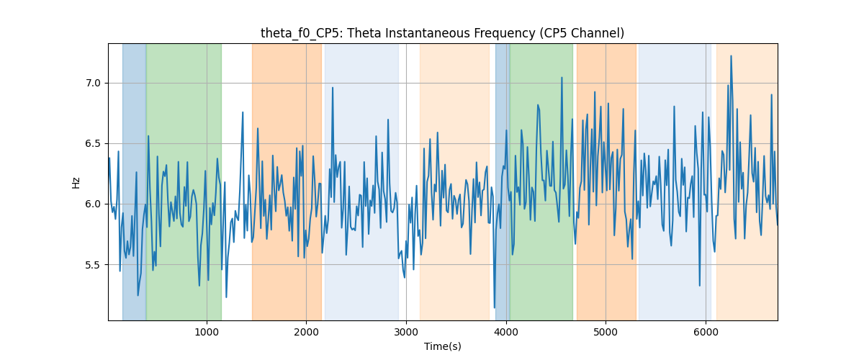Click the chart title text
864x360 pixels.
[x=442, y=33]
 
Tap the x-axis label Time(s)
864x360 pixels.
[x=442, y=346]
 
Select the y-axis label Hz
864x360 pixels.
[x=76, y=183]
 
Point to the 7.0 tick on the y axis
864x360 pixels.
[x=93, y=83]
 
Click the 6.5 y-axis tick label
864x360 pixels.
[x=93, y=143]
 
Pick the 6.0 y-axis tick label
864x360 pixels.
[x=93, y=204]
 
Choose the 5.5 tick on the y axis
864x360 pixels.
[x=93, y=265]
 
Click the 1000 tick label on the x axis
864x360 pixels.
[x=207, y=332]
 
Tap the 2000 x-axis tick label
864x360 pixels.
[x=306, y=332]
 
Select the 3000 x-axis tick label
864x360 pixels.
[x=406, y=332]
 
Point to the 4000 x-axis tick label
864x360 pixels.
[x=506, y=332]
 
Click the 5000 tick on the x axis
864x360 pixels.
[x=606, y=332]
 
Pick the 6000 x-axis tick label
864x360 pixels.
[x=706, y=332]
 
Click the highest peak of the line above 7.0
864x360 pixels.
[x=731, y=56]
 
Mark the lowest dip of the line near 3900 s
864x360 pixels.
[x=495, y=307]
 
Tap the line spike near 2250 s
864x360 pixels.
[x=333, y=88]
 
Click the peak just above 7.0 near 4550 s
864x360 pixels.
[x=562, y=78]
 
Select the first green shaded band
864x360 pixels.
[x=184, y=181]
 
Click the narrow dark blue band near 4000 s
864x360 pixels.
[x=503, y=181]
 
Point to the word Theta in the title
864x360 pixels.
[x=364, y=33]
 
